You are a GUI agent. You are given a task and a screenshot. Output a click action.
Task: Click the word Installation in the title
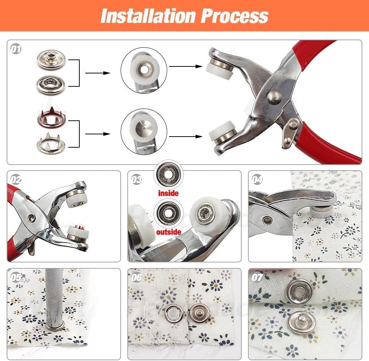pos(148,16)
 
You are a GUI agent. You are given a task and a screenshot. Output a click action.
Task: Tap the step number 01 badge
pos(16,49)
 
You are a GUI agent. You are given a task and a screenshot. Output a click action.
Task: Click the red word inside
pos(168,193)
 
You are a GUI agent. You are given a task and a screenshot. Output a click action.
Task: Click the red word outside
pos(168,232)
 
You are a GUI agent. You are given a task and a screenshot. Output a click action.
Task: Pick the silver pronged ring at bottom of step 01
pos(51,143)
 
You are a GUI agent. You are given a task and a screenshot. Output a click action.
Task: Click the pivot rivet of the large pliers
pos(274,97)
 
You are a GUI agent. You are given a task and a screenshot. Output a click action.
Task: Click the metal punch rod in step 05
pos(54,295)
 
